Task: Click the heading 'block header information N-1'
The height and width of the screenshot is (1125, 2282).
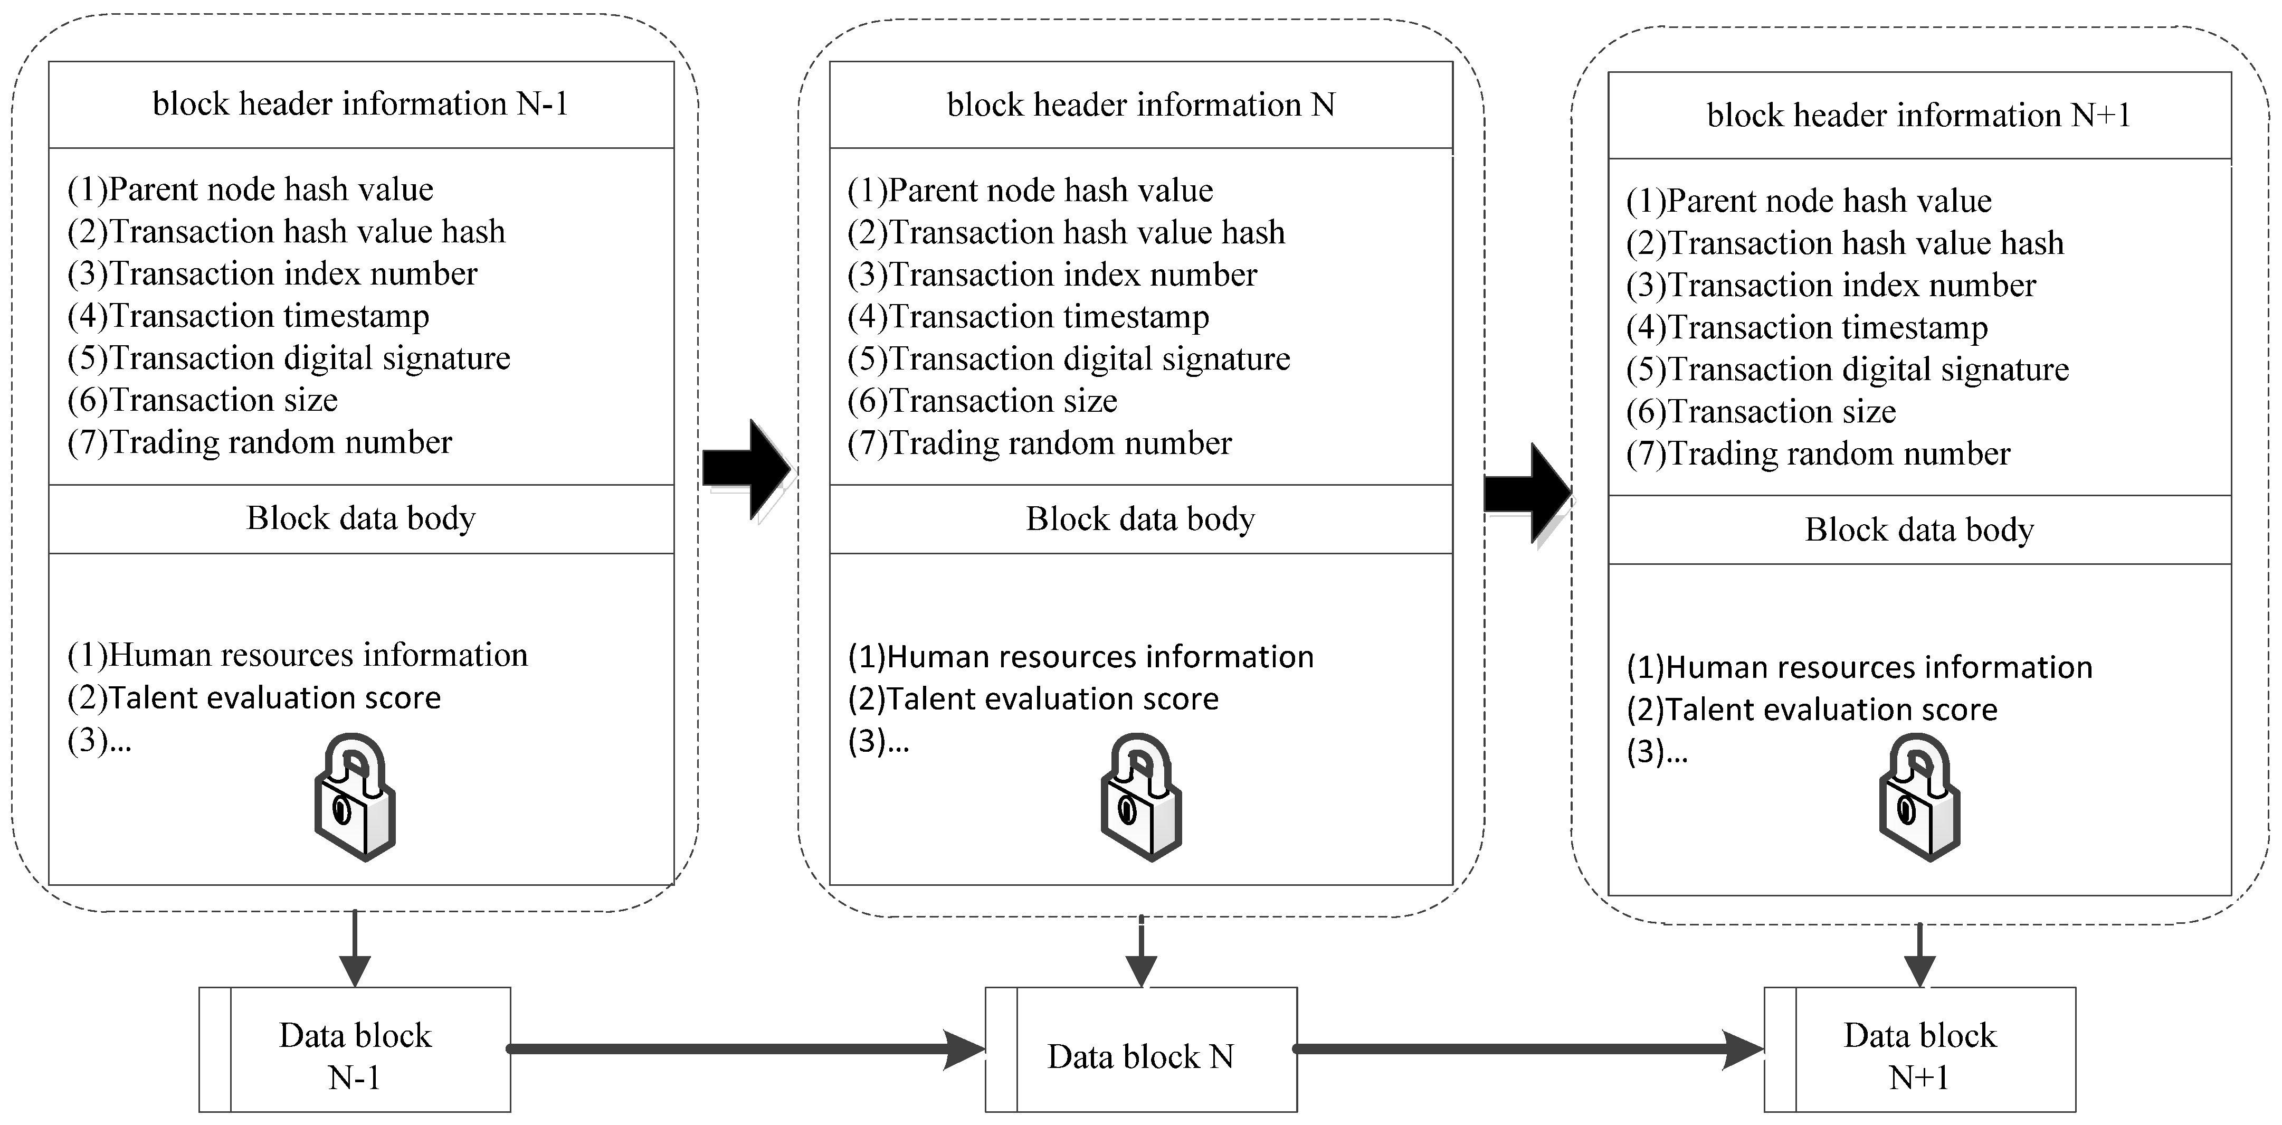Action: pos(360,103)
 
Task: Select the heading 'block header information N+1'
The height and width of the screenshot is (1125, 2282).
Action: pos(1919,115)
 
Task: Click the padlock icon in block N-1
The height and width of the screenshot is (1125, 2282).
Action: pos(354,796)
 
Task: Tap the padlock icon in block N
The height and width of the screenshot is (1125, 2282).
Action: pos(1141,796)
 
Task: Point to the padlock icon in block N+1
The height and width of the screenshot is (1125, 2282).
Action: pos(1919,796)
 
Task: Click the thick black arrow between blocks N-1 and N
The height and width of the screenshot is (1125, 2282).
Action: pos(746,469)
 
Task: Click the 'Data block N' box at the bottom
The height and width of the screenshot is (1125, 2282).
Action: pos(1141,1050)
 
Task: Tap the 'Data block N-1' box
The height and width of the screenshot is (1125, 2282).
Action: pos(354,1050)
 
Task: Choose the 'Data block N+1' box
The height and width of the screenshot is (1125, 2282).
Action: pos(1919,1050)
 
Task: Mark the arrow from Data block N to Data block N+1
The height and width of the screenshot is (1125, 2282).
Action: pos(1528,1050)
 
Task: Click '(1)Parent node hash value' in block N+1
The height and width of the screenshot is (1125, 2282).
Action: pos(1809,201)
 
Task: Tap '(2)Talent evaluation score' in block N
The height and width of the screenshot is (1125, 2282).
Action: pos(1033,699)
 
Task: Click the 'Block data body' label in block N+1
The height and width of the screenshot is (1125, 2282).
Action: pos(1919,530)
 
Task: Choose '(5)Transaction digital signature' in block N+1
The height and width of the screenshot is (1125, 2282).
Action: pos(1848,370)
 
